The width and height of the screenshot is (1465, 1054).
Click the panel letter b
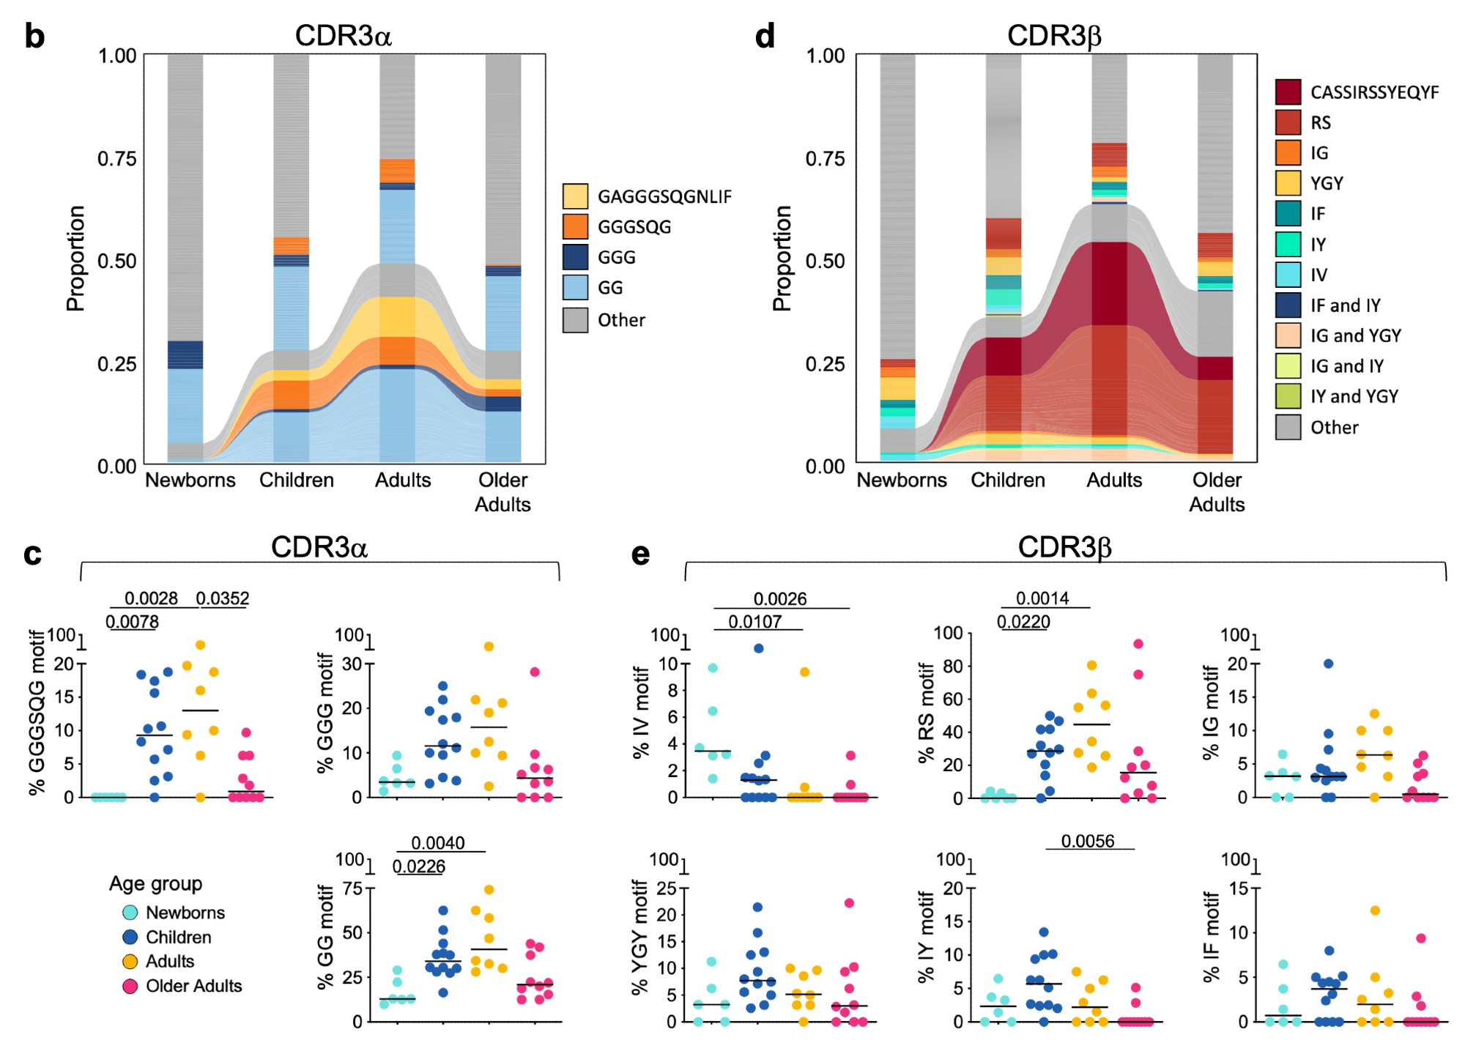click(34, 37)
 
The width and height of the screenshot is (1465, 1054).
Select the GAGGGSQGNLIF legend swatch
click(575, 196)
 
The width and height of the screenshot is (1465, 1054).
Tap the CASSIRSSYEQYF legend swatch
click(1288, 92)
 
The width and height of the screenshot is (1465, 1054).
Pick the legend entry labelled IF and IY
click(1345, 305)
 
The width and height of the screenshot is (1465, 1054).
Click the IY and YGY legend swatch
click(1288, 396)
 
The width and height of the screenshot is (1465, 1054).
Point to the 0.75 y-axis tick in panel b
click(117, 159)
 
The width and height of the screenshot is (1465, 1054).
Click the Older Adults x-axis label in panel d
click(1216, 491)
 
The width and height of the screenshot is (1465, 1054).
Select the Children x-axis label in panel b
click(296, 480)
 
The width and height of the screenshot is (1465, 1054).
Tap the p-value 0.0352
click(223, 598)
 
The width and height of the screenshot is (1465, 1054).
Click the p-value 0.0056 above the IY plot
click(1087, 841)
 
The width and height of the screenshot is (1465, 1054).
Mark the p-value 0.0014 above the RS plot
click(1042, 598)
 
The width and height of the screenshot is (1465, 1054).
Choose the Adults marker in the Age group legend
click(130, 962)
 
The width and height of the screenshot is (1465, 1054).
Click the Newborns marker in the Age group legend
click(130, 913)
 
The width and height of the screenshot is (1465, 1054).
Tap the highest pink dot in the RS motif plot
click(1138, 645)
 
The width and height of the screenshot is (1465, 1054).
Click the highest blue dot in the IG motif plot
click(1327, 664)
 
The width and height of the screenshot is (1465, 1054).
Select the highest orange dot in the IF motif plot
click(1374, 910)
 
